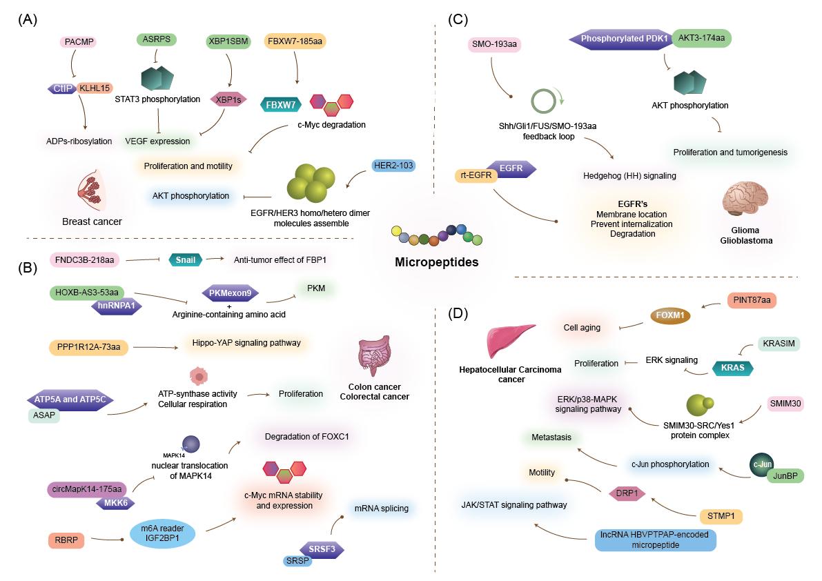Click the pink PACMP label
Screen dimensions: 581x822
(x=76, y=43)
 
